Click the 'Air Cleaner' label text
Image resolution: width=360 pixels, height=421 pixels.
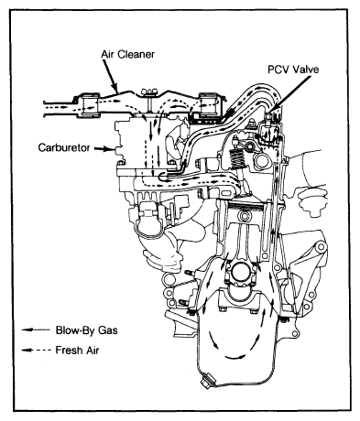(x=127, y=54)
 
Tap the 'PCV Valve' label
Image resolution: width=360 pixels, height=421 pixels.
(x=293, y=70)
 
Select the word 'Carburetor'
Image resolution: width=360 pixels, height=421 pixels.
(x=64, y=147)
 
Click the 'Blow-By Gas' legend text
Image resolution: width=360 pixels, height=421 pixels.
(x=86, y=330)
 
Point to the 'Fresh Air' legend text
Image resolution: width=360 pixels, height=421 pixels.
(x=77, y=350)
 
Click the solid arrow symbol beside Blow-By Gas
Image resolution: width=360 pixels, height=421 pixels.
(x=36, y=329)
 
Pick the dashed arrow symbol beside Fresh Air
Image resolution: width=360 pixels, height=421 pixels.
(x=36, y=351)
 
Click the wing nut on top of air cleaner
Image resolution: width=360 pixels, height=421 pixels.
(x=149, y=91)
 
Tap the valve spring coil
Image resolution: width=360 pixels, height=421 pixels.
(x=236, y=158)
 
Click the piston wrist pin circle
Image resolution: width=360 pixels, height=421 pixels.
(x=245, y=216)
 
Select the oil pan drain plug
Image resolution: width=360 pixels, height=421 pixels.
(x=207, y=382)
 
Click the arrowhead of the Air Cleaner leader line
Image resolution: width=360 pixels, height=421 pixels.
(x=115, y=88)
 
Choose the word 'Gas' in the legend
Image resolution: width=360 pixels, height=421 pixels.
(x=107, y=330)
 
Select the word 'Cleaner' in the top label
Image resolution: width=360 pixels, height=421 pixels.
(x=136, y=54)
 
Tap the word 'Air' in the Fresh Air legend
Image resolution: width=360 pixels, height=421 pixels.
(x=92, y=350)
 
